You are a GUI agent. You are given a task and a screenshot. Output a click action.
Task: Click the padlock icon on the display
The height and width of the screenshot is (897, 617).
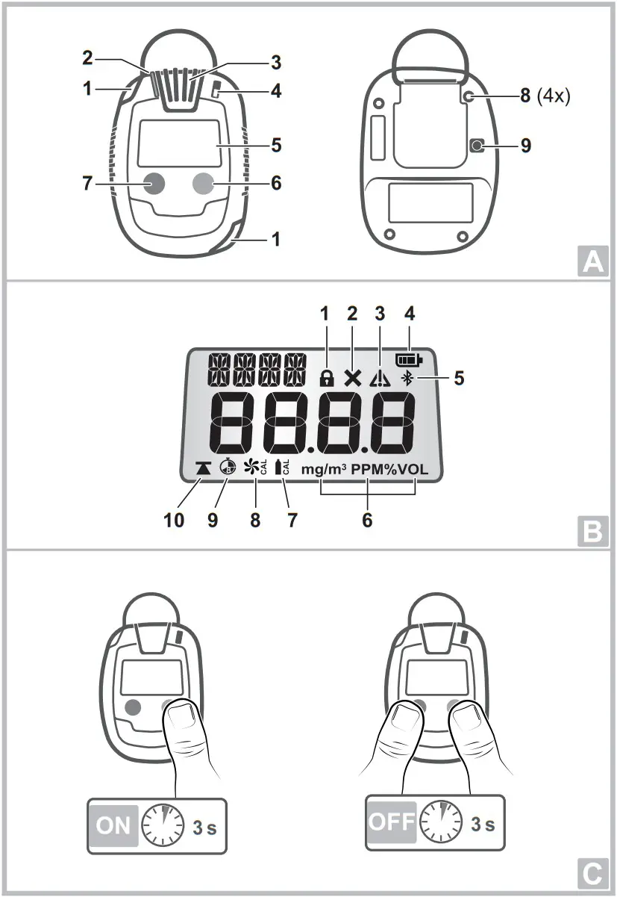326,379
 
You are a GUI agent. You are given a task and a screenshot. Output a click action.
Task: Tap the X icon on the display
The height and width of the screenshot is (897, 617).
352,378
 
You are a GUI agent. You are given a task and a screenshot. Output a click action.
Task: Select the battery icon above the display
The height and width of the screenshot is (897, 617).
409,359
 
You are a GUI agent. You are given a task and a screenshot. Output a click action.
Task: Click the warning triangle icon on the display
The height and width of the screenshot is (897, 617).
380,379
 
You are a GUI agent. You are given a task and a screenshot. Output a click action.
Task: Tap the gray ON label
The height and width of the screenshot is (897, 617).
113,825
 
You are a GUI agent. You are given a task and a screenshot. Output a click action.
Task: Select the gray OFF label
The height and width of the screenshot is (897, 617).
391,822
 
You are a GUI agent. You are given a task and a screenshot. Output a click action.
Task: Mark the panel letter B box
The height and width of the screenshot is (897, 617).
592,532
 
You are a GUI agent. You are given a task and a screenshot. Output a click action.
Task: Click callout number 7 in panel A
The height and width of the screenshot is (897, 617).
87,183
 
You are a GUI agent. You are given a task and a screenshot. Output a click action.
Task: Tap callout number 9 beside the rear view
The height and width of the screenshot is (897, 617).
526,146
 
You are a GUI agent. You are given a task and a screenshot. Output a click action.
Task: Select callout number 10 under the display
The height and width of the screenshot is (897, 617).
173,520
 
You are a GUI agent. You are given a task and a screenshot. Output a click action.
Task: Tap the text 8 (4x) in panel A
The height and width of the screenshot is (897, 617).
549,96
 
